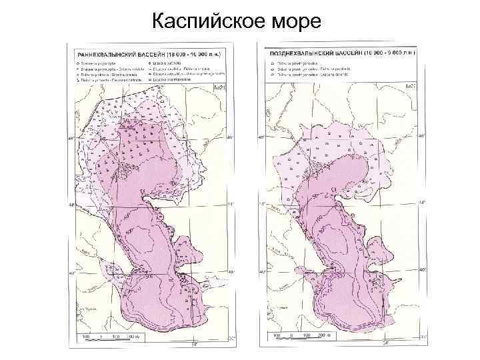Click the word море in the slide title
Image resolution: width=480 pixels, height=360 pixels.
click(294, 22)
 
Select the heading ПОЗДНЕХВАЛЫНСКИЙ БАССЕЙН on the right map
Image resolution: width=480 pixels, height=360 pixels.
click(314, 51)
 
